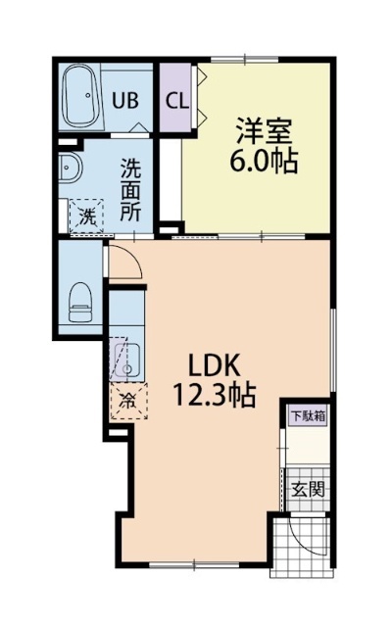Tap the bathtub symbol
pos(78,98)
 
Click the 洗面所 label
pos(129,189)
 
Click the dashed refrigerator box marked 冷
pos(128,400)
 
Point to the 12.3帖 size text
pos(216,395)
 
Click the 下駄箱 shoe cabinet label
pos(307,415)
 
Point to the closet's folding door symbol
pos(199,98)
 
